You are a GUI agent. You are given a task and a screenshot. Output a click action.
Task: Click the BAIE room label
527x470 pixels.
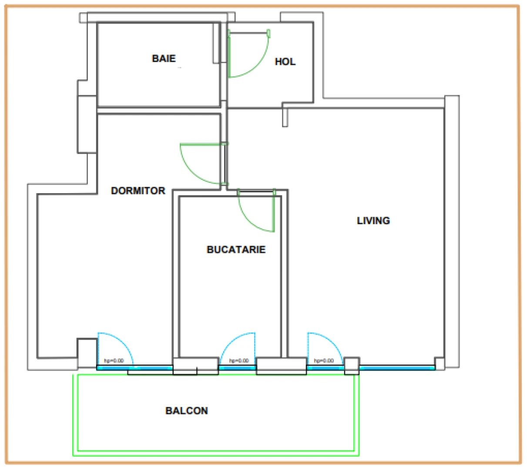click(x=164, y=58)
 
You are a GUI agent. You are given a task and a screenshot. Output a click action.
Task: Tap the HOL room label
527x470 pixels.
click(x=285, y=62)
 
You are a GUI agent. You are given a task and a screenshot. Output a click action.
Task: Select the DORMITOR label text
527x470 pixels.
click(x=138, y=191)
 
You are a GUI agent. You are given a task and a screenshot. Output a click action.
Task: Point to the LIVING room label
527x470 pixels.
click(x=373, y=221)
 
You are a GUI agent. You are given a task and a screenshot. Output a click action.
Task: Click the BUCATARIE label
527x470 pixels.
click(x=236, y=249)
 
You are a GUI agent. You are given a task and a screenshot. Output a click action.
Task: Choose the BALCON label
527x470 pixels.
click(x=187, y=411)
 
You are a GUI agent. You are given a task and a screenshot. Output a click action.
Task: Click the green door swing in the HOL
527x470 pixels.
click(x=258, y=65)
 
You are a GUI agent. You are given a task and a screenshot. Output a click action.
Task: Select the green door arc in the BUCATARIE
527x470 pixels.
click(x=250, y=224)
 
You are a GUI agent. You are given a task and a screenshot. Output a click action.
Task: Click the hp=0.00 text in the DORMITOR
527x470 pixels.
click(x=114, y=360)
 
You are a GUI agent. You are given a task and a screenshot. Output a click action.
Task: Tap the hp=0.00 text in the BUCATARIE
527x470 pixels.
click(x=239, y=360)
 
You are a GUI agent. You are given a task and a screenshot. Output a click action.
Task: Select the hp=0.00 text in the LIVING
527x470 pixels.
click(x=324, y=360)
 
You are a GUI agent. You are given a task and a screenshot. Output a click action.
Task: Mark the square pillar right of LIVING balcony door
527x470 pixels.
click(x=352, y=366)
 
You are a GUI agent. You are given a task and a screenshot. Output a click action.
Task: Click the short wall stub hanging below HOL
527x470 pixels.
click(x=285, y=117)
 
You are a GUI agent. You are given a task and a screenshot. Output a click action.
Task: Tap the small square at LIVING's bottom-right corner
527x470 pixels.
click(x=440, y=363)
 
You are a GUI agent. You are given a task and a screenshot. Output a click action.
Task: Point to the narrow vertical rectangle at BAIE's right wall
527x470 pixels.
click(x=216, y=43)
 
